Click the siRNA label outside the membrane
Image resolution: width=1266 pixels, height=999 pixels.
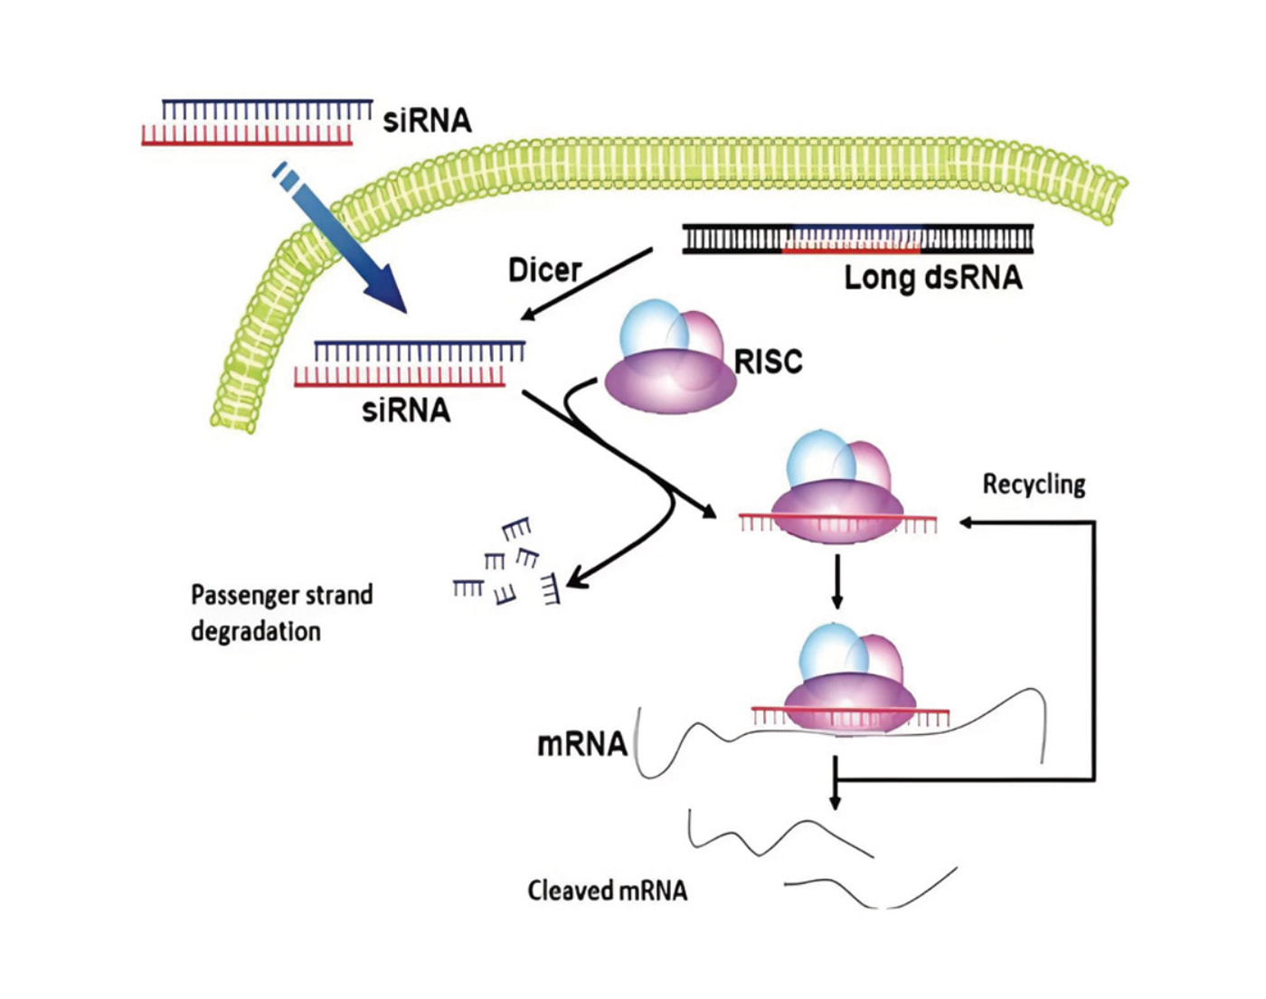(427, 120)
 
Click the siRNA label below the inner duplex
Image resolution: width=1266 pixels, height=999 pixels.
(406, 410)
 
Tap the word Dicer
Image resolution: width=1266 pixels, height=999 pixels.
(544, 269)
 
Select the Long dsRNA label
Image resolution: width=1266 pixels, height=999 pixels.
(932, 278)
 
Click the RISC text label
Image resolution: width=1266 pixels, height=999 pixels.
(768, 362)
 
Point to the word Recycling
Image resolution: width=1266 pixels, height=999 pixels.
(1034, 485)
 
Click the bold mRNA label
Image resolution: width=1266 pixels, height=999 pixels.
(582, 744)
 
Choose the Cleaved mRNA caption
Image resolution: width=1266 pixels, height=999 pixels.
(608, 891)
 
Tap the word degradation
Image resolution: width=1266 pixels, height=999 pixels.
(255, 631)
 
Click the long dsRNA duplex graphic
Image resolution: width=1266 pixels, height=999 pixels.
(857, 239)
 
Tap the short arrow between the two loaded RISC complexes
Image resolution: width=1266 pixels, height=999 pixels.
(837, 582)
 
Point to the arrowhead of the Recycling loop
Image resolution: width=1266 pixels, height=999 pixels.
(966, 523)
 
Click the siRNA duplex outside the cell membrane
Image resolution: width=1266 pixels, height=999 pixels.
(257, 123)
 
